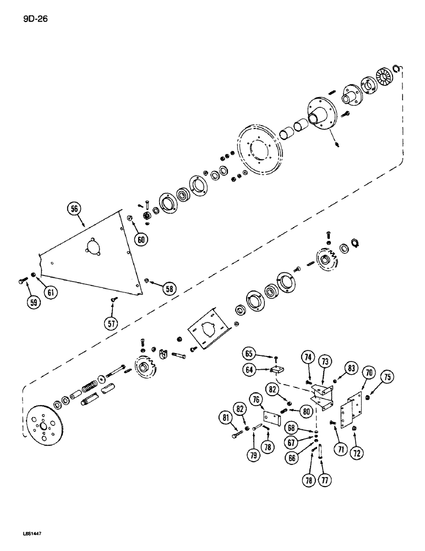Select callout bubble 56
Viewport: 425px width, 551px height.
(x=74, y=209)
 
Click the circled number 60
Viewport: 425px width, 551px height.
(x=142, y=240)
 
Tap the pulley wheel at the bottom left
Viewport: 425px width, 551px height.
(x=45, y=423)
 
